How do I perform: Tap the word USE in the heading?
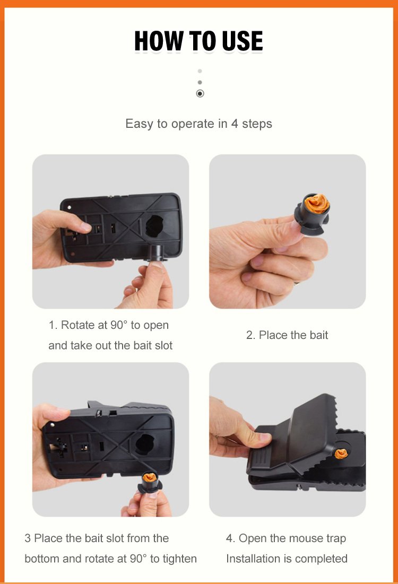(x=242, y=41)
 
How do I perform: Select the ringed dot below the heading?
(x=200, y=93)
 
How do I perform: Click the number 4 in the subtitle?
(x=235, y=124)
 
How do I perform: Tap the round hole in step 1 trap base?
(x=154, y=226)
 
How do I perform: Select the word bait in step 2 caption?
(x=318, y=335)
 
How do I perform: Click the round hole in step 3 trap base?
(x=145, y=444)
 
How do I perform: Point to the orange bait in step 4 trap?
(x=341, y=454)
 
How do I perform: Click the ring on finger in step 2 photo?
(x=296, y=283)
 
